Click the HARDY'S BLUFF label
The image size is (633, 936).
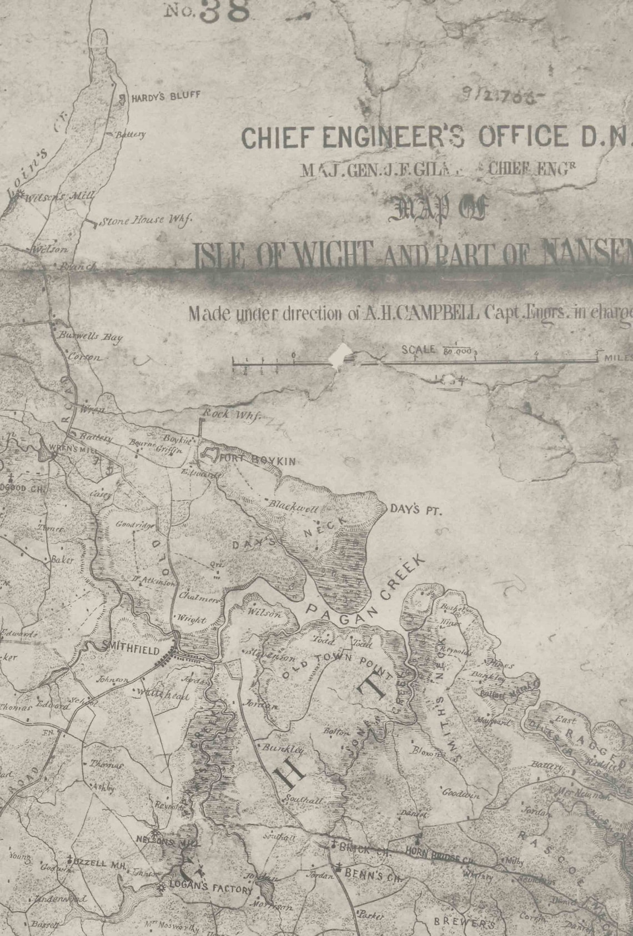165,97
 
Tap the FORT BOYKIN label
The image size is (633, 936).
258,460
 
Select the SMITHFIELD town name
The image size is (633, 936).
130,650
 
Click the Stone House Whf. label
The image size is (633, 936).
145,220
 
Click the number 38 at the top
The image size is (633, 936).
224,11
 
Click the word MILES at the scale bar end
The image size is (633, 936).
618,358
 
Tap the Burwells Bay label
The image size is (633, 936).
91,337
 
